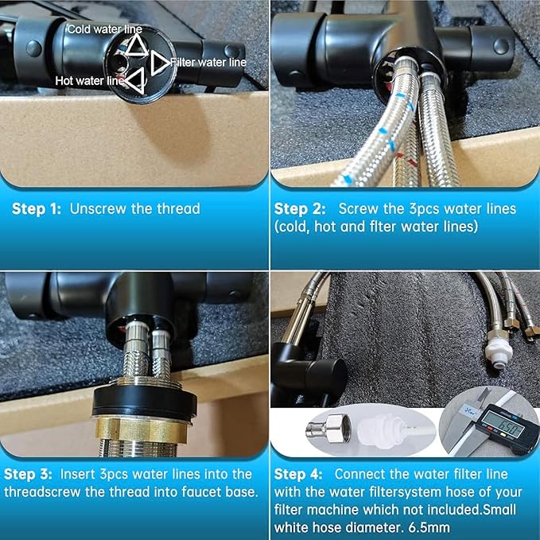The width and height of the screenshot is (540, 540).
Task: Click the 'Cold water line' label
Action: (104, 29)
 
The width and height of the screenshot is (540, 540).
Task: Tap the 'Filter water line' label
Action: (209, 61)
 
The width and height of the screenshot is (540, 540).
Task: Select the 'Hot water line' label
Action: (89, 80)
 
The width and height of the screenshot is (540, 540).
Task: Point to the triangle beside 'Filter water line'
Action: (157, 61)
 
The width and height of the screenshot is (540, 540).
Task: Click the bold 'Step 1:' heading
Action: (37, 209)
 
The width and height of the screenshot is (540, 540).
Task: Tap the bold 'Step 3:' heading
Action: (29, 474)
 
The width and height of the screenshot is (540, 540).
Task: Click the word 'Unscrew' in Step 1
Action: (95, 209)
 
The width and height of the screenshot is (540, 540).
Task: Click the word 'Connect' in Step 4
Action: (362, 474)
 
